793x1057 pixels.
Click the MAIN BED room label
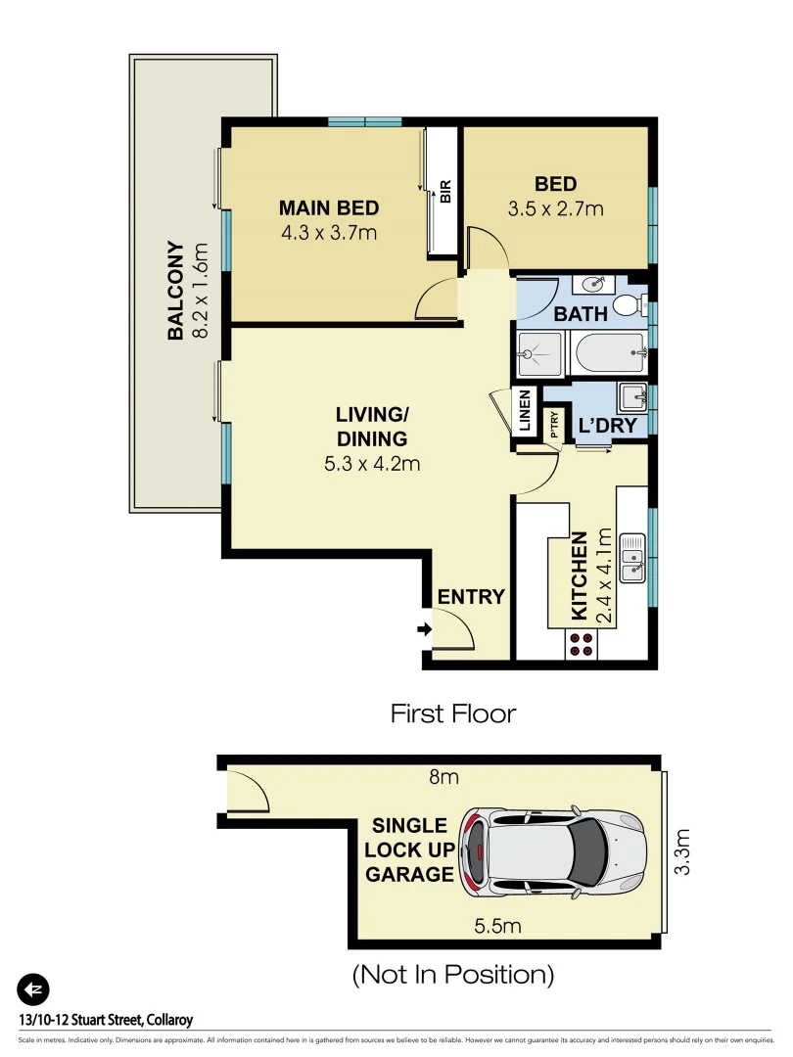[328, 208]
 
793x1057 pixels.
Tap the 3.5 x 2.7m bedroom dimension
[555, 208]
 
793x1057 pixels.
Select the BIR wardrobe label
[444, 192]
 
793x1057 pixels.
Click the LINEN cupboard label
[524, 411]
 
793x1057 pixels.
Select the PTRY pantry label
[554, 423]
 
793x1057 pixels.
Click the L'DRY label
[608, 427]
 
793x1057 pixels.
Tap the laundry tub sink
[631, 397]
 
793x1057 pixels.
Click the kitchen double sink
[634, 553]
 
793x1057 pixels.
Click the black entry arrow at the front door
[423, 629]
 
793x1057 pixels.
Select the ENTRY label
[471, 597]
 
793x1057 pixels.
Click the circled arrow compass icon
[33, 989]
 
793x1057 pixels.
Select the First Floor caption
[452, 713]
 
